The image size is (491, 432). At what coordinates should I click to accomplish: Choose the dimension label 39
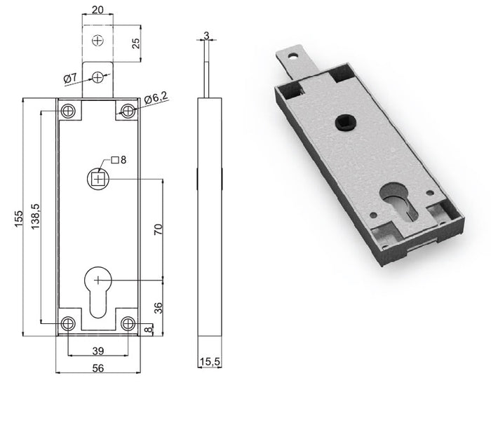pos(98,351)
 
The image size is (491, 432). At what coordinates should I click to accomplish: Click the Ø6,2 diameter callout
pos(156,100)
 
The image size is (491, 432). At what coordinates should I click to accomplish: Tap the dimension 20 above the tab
pos(99,11)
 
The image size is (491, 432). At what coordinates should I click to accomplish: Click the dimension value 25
pos(136,43)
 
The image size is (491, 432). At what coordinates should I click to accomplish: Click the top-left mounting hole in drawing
pos(68,110)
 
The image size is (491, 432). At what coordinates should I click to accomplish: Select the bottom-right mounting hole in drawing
pos(128,323)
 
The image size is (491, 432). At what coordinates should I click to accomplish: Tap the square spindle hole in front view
pos(99,179)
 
